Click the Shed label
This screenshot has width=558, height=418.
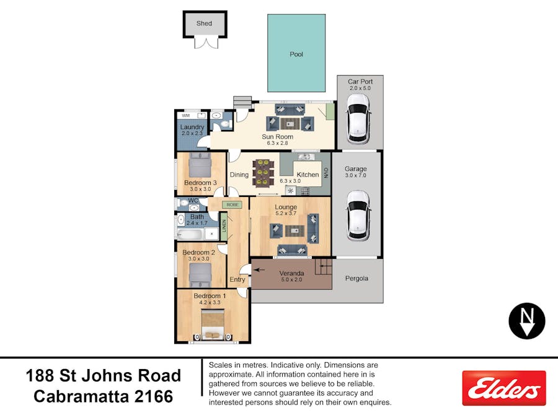(204, 23)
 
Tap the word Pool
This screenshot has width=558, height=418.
(296, 54)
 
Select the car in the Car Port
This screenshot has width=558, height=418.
(358, 118)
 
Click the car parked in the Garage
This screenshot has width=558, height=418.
(358, 216)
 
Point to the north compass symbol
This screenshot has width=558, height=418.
(526, 321)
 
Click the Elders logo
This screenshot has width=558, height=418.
(504, 388)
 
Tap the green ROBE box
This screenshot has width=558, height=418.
(232, 205)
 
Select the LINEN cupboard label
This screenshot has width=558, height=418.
(224, 226)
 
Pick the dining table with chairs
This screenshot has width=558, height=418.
(263, 173)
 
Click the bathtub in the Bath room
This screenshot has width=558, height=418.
(190, 234)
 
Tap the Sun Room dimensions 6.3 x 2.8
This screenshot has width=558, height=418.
(277, 143)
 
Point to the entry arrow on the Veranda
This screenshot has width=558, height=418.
(259, 270)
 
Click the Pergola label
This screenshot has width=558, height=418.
(356, 278)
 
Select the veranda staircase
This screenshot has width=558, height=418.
(324, 267)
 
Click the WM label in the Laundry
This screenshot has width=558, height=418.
(186, 116)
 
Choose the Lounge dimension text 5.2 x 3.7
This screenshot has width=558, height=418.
(286, 213)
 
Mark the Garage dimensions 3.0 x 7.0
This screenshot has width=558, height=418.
(355, 175)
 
